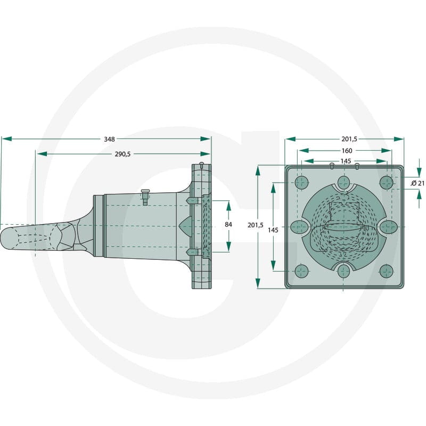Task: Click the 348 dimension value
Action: tap(110, 139)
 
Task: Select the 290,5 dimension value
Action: tap(122, 154)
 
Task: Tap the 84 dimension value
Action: tap(228, 224)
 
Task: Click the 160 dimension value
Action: tap(347, 151)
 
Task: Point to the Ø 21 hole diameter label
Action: tap(417, 183)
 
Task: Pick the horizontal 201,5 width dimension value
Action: tap(349, 139)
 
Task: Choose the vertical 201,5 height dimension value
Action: tap(256, 225)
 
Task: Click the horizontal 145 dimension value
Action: tap(346, 161)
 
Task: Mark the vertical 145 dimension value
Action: tap(273, 230)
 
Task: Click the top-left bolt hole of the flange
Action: tap(301, 183)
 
